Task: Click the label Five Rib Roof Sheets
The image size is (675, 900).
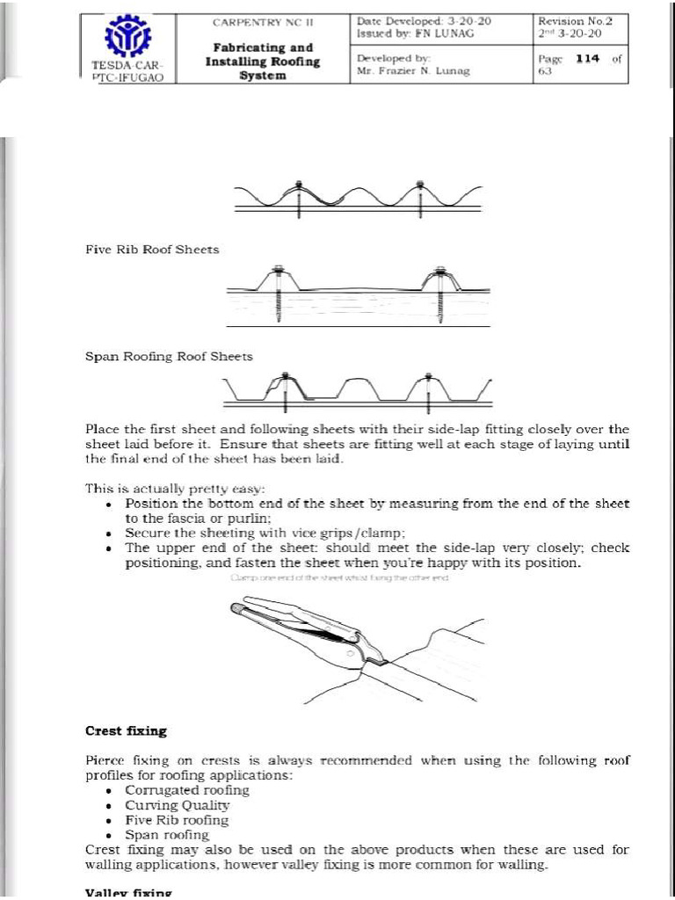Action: coord(151,250)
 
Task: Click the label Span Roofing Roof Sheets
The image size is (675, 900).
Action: coord(169,356)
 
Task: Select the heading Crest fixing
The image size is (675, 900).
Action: coord(126,730)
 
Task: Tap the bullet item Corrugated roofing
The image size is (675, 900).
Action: coord(187,790)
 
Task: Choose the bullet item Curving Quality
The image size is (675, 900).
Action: coord(177,805)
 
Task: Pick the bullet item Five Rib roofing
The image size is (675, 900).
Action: coord(177,820)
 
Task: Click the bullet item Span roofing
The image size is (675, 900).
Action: coord(167,835)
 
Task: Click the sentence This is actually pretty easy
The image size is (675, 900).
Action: coord(174,488)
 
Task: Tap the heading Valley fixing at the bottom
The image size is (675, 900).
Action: coord(127,893)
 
